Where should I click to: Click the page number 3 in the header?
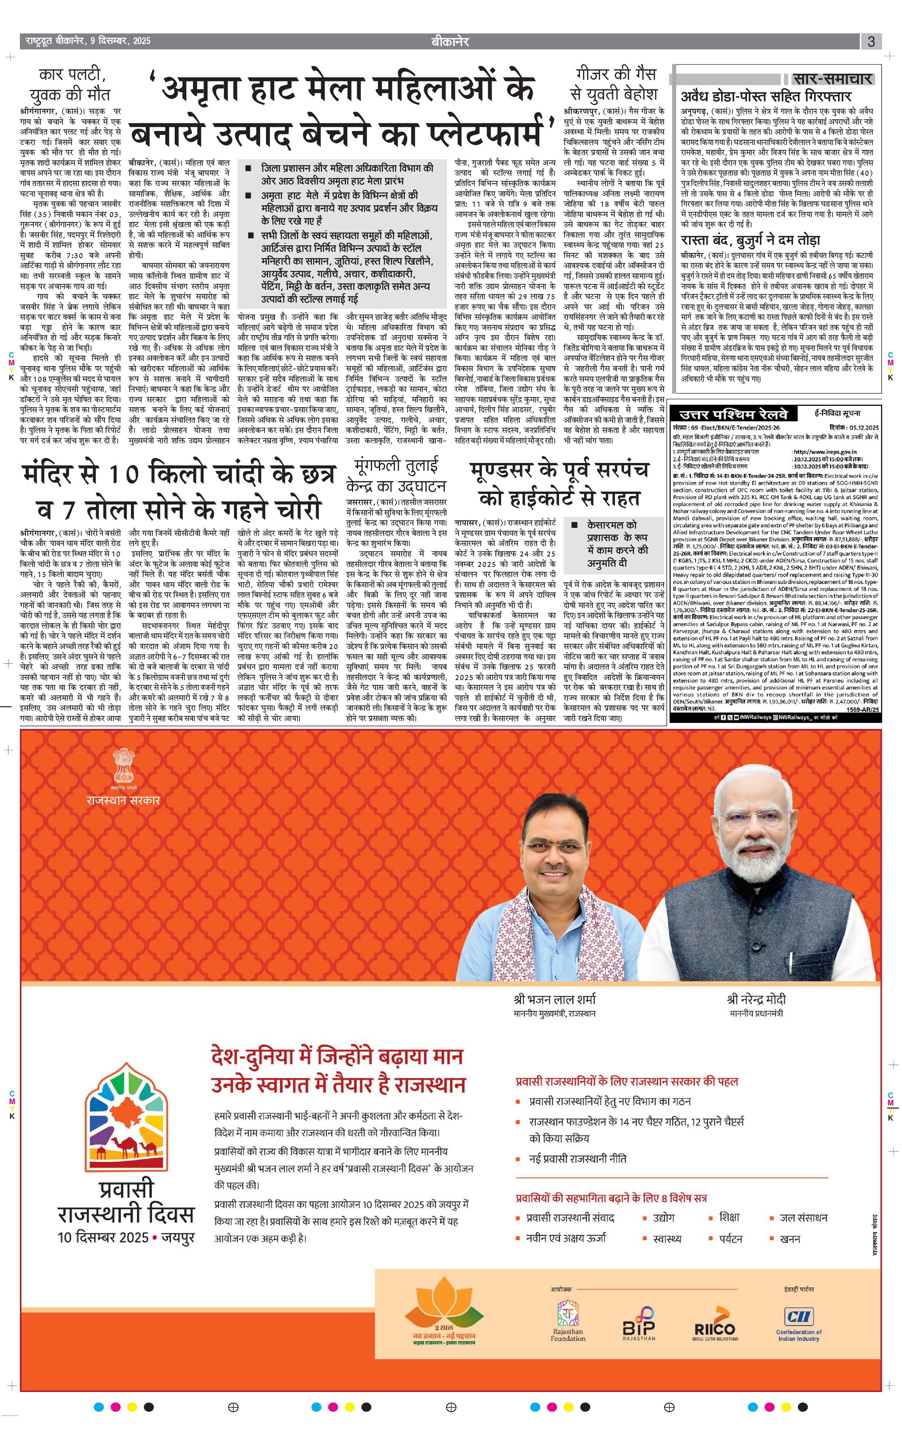(x=871, y=42)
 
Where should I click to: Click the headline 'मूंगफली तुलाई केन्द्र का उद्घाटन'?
(x=396, y=474)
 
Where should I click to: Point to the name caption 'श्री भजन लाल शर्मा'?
(x=554, y=998)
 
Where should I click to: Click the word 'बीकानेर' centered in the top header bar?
(x=450, y=42)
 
